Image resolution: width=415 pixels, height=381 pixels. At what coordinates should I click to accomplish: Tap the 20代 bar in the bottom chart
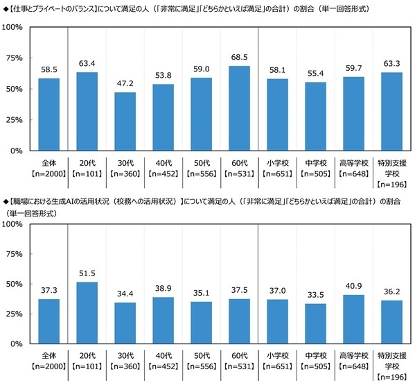[x=87, y=313]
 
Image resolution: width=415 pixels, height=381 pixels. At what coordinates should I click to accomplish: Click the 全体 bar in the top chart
[x=48, y=115]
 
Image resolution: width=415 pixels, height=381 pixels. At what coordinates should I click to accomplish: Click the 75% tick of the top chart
[x=14, y=58]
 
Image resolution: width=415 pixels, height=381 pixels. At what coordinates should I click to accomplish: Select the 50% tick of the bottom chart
[x=14, y=284]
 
